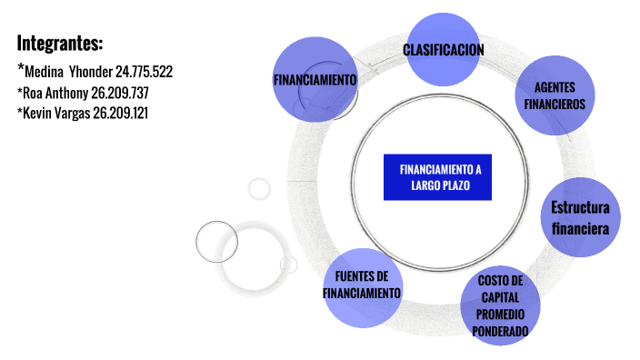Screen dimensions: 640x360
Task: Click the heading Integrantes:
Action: (60, 43)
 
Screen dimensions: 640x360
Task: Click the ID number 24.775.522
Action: (144, 71)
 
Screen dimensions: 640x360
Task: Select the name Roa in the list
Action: (34, 92)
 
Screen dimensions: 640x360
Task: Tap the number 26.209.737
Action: (120, 92)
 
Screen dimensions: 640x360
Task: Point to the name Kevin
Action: (36, 113)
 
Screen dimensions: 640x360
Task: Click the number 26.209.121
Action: (120, 113)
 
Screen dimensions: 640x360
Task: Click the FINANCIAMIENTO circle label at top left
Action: (315, 80)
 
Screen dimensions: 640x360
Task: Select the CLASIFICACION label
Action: (444, 50)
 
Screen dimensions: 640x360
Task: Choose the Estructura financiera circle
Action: (580, 218)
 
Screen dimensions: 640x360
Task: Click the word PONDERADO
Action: (500, 331)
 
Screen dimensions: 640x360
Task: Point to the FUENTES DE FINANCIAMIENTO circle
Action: (362, 285)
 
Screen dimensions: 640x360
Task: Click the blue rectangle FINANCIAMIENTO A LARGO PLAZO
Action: (440, 177)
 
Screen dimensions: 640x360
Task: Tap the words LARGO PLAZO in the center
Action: (440, 185)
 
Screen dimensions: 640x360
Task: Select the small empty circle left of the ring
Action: (260, 189)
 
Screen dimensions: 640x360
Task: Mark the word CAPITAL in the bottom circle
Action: (500, 296)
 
